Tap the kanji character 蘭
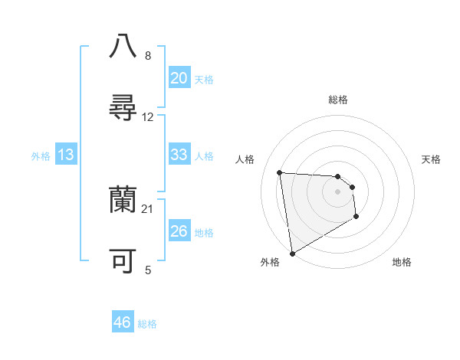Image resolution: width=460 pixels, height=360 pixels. click(x=123, y=201)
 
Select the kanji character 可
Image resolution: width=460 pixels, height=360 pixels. click(x=123, y=262)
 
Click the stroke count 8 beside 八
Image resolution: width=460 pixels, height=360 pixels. click(x=148, y=56)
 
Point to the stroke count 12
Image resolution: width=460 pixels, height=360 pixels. click(x=148, y=117)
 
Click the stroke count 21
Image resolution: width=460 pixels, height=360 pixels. click(x=148, y=209)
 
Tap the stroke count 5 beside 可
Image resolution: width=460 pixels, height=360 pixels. click(x=148, y=270)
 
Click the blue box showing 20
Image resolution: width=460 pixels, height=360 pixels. click(x=179, y=78)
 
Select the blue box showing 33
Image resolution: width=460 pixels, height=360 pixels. click(x=179, y=155)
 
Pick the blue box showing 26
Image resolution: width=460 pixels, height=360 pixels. click(x=179, y=231)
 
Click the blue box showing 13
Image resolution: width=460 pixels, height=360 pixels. click(x=66, y=155)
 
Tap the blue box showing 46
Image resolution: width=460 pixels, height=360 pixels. click(x=123, y=322)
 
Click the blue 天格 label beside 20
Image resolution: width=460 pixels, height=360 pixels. click(x=204, y=80)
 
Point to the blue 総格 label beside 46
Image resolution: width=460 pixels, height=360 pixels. click(x=148, y=324)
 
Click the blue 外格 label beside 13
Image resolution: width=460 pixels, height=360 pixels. click(x=41, y=156)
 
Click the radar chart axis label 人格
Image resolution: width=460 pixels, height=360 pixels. click(x=245, y=159)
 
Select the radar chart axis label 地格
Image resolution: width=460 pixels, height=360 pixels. click(x=402, y=262)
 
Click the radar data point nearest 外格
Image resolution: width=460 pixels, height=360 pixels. click(x=292, y=253)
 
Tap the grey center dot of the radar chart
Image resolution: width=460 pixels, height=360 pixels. click(x=337, y=191)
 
